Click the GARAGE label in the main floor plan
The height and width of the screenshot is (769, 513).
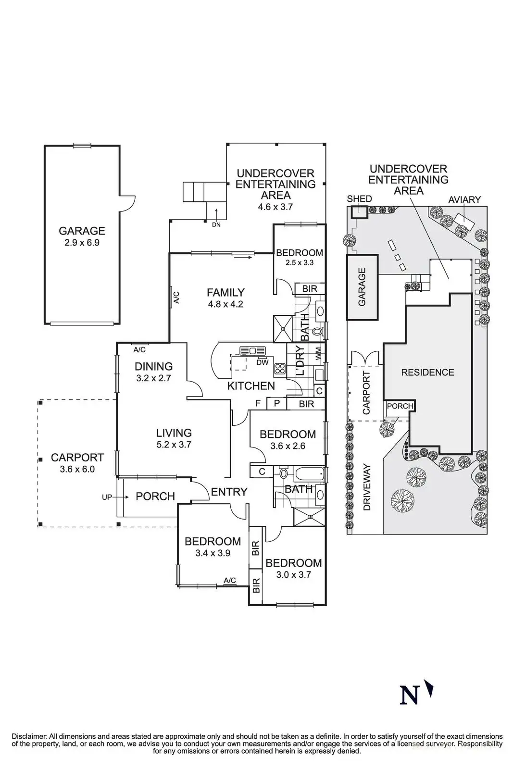(82, 231)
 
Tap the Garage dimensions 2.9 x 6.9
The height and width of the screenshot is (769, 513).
(82, 243)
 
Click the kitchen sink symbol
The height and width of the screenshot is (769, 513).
(253, 351)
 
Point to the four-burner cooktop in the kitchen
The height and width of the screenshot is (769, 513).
(279, 369)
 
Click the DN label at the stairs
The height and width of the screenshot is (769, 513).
(216, 225)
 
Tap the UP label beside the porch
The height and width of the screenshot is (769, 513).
(107, 497)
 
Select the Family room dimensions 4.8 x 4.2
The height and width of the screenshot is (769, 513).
(225, 304)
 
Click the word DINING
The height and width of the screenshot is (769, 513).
(153, 366)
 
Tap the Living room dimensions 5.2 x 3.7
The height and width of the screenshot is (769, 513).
(174, 445)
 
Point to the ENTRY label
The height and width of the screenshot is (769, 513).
(229, 492)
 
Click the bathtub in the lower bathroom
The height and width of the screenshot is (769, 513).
(309, 475)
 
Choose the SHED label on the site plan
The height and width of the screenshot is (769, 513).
(359, 199)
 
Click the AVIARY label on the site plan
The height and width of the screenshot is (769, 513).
(464, 199)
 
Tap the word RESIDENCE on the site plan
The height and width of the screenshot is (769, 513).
(427, 372)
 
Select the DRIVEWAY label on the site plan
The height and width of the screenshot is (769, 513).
(367, 487)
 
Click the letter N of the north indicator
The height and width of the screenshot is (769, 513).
(409, 695)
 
